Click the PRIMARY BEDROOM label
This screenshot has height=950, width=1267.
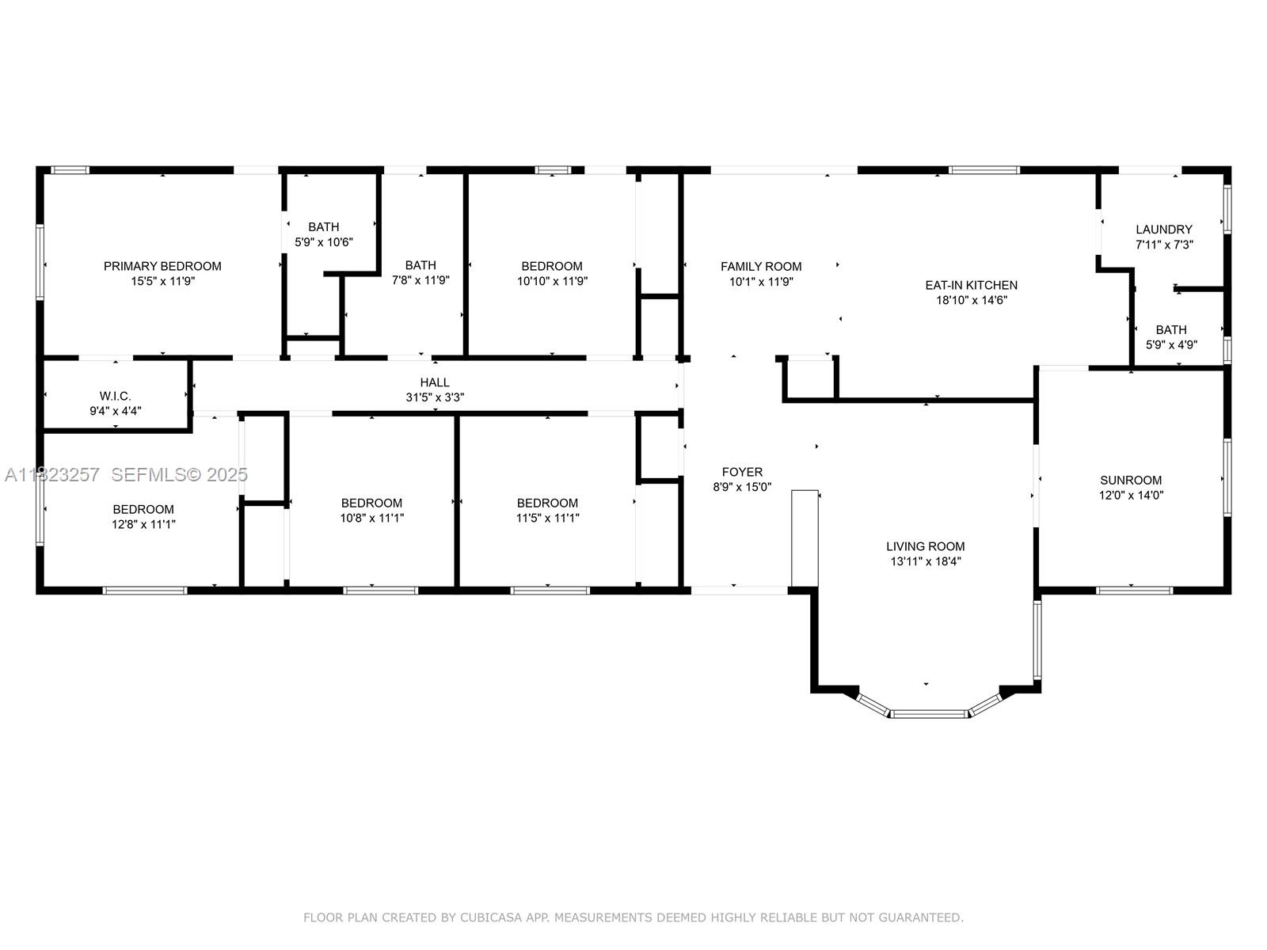[162, 266]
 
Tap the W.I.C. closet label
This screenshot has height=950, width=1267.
[116, 396]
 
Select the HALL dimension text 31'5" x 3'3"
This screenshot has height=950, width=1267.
[435, 397]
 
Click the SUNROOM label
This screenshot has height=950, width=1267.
[1131, 480]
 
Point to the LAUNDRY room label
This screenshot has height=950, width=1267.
[1163, 230]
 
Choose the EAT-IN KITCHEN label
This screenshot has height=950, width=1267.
[971, 285]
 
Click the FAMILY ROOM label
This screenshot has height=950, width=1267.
[761, 267]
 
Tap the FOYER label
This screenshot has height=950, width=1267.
[742, 472]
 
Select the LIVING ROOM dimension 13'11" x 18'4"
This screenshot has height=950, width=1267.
[926, 561]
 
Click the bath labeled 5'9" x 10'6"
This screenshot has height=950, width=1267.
[324, 234]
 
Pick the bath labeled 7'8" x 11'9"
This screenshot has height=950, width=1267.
[420, 272]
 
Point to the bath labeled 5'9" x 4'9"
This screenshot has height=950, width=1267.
[1171, 337]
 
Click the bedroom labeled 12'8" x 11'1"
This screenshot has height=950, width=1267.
[143, 516]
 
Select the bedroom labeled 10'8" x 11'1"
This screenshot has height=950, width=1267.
[371, 510]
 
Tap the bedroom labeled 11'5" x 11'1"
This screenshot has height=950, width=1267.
[547, 510]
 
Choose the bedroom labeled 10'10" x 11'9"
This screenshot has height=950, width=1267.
[552, 273]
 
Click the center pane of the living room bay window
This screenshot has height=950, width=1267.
[930, 713]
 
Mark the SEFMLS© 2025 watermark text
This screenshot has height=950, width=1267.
[180, 474]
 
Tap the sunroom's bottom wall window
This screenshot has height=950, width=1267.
[1134, 590]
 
